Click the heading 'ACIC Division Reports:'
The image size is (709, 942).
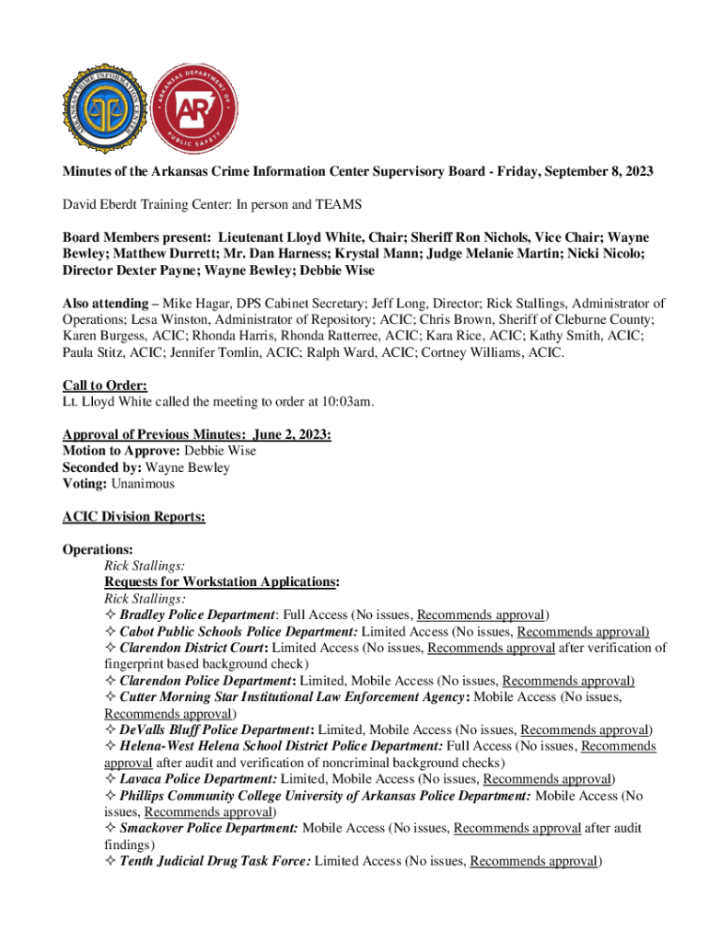(134, 517)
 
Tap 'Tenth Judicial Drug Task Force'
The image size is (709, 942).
(215, 861)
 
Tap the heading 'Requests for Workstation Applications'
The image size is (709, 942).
(221, 582)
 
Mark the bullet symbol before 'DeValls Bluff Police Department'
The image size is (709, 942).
(110, 729)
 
